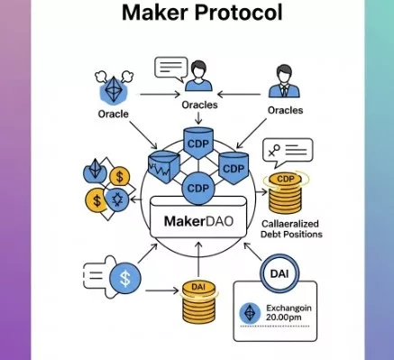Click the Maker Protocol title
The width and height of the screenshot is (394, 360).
[x=202, y=13]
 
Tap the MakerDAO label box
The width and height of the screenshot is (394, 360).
[x=198, y=217]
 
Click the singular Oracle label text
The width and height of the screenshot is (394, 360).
[x=114, y=114]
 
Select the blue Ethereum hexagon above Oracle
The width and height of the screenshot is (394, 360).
[x=114, y=89]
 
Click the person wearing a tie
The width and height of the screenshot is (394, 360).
[x=284, y=82]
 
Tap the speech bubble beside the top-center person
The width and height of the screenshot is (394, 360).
[x=170, y=69]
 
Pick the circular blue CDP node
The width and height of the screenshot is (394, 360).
[x=198, y=189]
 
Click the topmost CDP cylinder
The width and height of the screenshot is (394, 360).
[x=198, y=143]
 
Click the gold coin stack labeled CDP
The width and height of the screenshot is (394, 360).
[x=285, y=192]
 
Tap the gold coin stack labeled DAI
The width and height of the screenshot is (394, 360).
[x=198, y=301]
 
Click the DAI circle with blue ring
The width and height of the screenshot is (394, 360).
[x=279, y=273]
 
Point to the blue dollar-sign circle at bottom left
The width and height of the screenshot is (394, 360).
[x=125, y=278]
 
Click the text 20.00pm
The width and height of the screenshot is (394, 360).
[x=283, y=318]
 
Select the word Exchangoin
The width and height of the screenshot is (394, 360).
[x=289, y=308]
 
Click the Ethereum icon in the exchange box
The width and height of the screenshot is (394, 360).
[x=250, y=313]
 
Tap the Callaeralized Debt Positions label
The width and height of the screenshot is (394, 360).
[x=291, y=229]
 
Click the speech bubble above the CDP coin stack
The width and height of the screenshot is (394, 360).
[x=288, y=152]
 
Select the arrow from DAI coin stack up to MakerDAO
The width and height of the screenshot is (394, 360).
[x=198, y=259]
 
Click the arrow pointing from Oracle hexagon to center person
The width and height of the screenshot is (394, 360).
[x=160, y=95]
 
